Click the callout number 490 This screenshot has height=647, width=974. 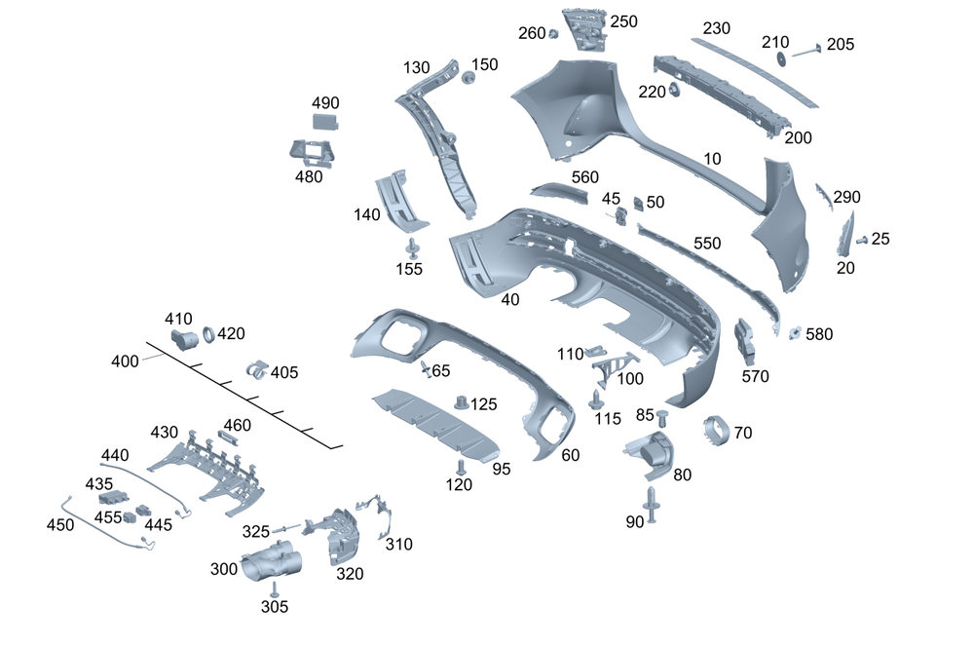325,103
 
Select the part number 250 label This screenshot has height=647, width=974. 623,21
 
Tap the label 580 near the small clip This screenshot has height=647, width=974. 819,334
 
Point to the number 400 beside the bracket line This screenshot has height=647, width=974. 125,362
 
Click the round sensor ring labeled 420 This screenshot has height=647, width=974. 206,337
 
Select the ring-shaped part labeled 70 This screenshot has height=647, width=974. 719,429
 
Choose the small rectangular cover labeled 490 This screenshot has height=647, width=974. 324,122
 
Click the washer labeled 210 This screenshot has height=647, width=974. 782,59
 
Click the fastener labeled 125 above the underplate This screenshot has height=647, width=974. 463,400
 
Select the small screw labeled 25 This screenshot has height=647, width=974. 862,240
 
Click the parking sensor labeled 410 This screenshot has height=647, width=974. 183,339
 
